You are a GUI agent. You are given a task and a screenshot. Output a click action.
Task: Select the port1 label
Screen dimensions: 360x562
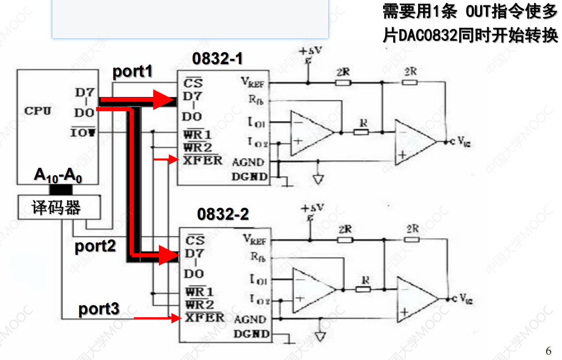[x=132, y=72]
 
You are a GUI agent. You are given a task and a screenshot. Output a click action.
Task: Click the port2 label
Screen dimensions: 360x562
[x=95, y=246]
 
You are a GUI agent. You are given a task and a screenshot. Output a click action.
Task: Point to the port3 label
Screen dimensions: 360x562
[x=99, y=309]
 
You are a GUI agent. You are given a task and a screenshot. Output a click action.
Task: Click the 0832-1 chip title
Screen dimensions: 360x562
[x=217, y=59]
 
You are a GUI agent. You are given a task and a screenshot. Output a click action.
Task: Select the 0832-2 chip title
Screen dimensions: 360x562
[x=223, y=214]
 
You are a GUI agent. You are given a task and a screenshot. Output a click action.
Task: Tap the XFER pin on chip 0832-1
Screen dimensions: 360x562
[x=203, y=160]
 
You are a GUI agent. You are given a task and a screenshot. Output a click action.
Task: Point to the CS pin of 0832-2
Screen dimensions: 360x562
[x=195, y=240]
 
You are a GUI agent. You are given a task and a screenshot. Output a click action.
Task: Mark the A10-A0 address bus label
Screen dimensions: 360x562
[x=58, y=176]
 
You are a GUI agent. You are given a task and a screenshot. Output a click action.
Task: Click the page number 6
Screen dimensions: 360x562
[x=548, y=350]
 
